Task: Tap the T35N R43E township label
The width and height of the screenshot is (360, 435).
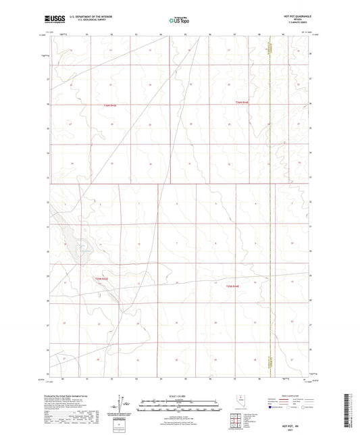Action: click(x=101, y=277)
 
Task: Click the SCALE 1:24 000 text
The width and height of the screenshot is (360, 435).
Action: click(x=179, y=394)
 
